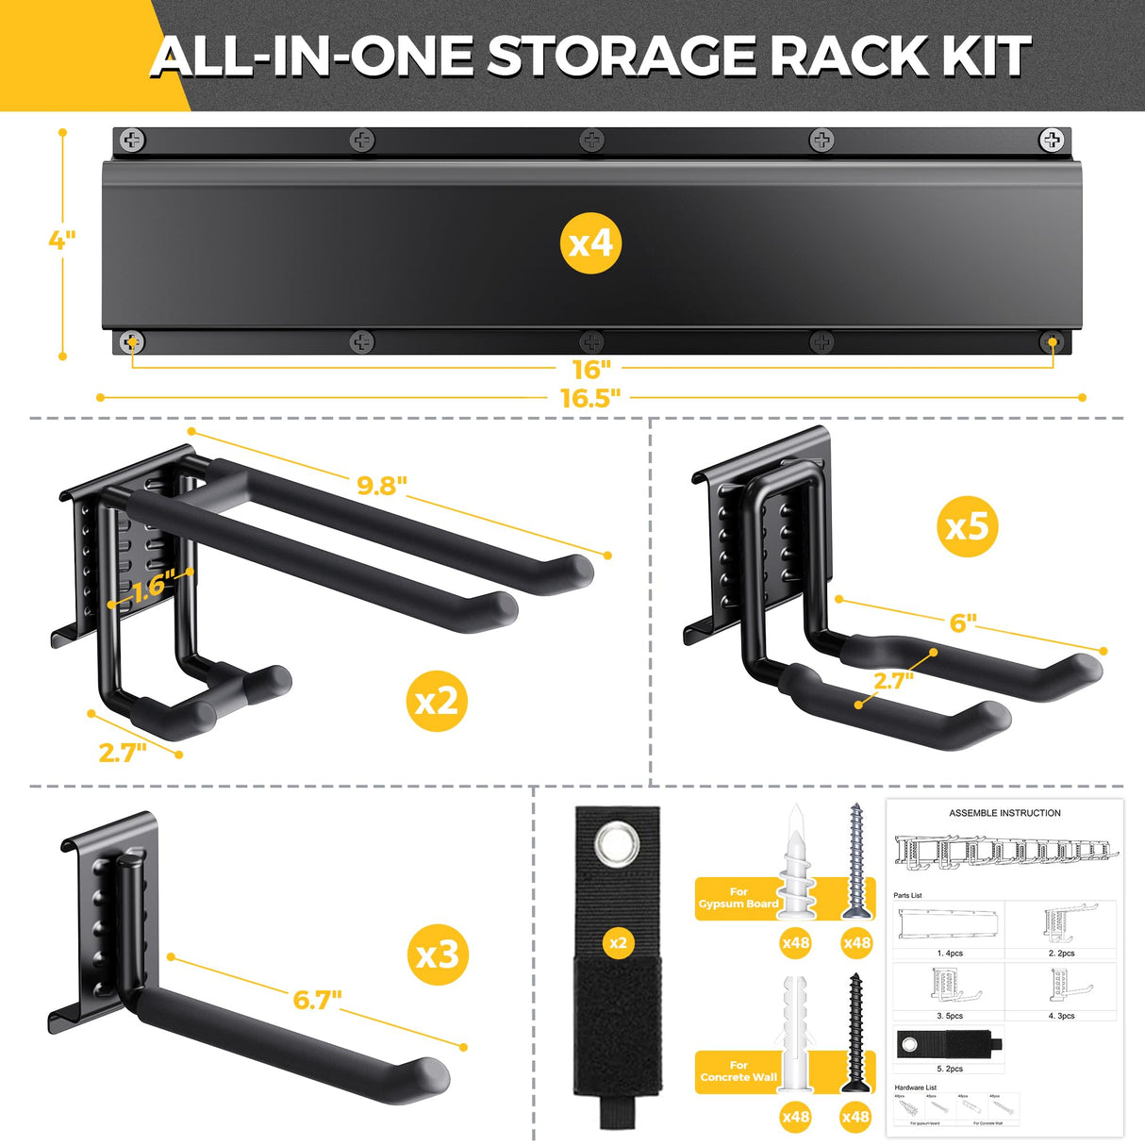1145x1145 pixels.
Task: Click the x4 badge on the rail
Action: [591, 243]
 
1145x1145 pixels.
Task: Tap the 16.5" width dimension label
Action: [590, 398]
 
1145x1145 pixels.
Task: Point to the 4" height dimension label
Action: [62, 240]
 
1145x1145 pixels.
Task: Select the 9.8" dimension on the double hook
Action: [382, 486]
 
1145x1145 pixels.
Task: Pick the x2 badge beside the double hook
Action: [437, 700]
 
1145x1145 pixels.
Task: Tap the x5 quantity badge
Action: [968, 525]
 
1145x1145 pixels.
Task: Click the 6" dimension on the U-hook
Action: [963, 623]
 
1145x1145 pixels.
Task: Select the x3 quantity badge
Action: [437, 954]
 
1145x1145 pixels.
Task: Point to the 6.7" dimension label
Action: [317, 1000]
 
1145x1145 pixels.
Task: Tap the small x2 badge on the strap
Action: [618, 943]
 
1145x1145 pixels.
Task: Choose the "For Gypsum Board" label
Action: [738, 898]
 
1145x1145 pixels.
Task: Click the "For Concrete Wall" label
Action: [738, 1071]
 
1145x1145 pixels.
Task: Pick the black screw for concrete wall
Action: [855, 1033]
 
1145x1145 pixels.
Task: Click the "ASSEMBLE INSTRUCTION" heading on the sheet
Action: [1004, 813]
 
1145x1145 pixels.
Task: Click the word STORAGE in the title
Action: [623, 57]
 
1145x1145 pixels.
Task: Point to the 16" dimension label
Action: [591, 369]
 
